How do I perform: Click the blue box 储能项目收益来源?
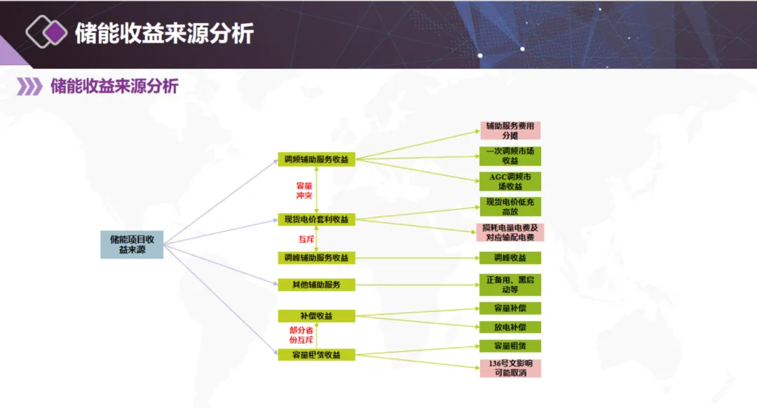(x=132, y=244)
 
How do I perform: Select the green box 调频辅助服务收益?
(x=316, y=159)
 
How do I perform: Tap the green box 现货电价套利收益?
(x=316, y=219)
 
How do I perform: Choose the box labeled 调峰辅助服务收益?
(x=316, y=257)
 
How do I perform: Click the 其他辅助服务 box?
(x=316, y=284)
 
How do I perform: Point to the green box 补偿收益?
(x=316, y=315)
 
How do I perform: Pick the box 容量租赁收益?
(x=316, y=355)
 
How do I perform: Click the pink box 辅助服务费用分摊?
(x=510, y=130)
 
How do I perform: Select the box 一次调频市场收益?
(x=510, y=156)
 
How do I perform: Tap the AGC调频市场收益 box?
(x=510, y=182)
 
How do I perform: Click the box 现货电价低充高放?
(x=510, y=207)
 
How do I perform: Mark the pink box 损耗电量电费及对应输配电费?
(x=510, y=233)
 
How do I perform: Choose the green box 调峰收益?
(x=510, y=258)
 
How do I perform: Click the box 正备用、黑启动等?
(x=510, y=284)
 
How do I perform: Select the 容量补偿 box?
(x=510, y=308)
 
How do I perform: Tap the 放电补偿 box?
(x=510, y=327)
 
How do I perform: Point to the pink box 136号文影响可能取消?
(x=510, y=368)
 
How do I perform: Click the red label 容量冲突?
(x=304, y=190)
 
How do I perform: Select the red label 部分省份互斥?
(x=301, y=334)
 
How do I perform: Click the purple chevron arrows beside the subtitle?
(x=29, y=87)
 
